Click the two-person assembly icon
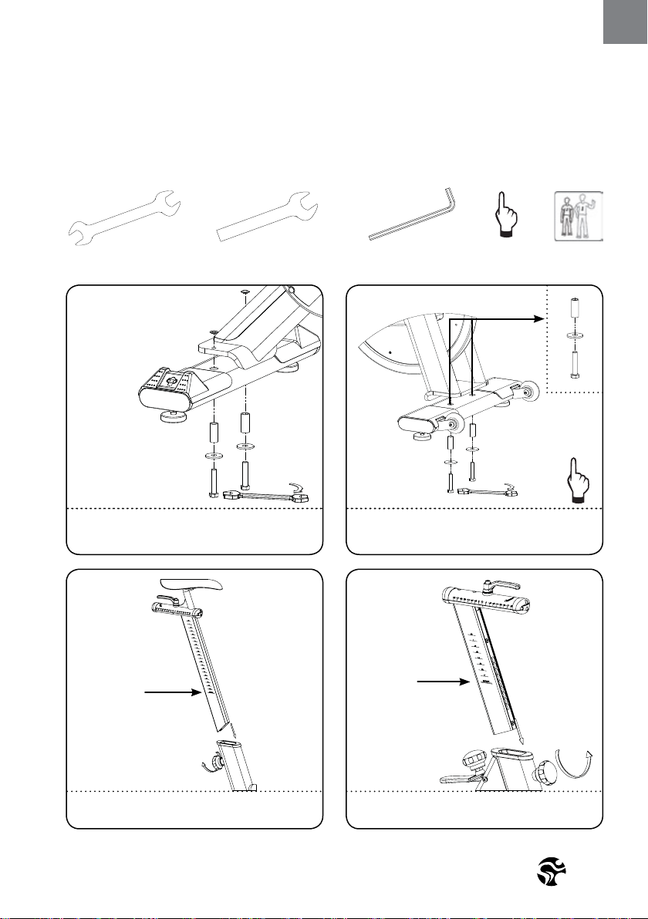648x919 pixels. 579,217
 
